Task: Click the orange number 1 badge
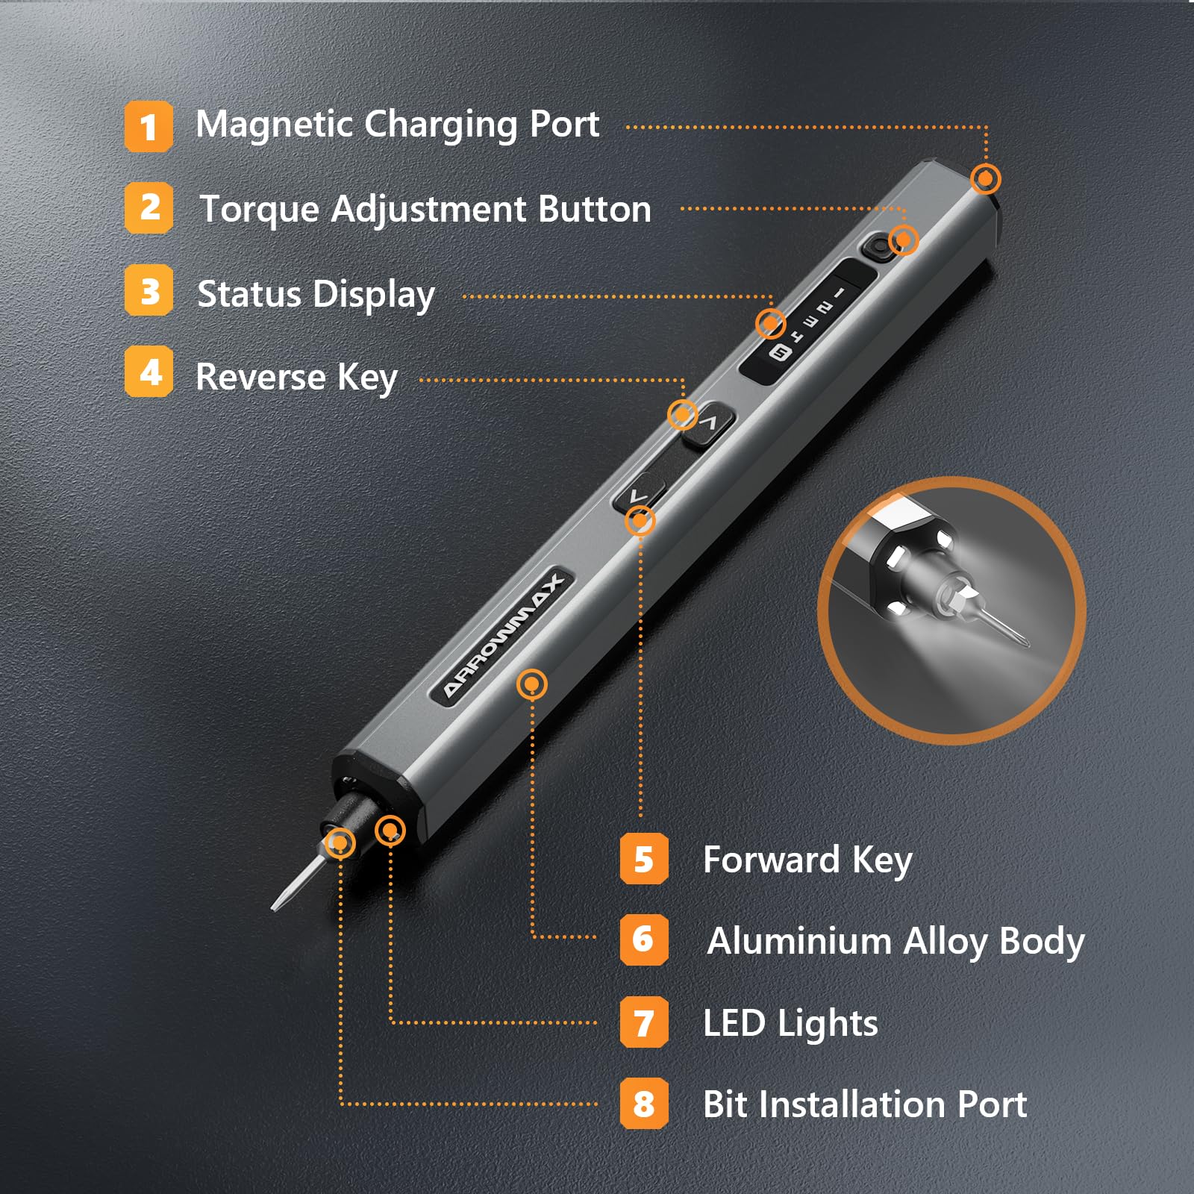pyautogui.click(x=149, y=127)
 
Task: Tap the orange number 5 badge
pyautogui.click(x=643, y=859)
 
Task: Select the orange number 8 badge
pyautogui.click(x=643, y=1103)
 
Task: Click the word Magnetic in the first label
pyautogui.click(x=273, y=124)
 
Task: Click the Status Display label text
pyautogui.click(x=316, y=294)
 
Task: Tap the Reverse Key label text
pyautogui.click(x=296, y=377)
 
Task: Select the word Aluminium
pyautogui.click(x=798, y=940)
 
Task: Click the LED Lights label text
pyautogui.click(x=790, y=1022)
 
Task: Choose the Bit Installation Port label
pyautogui.click(x=864, y=1104)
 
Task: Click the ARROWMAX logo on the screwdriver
pyautogui.click(x=504, y=636)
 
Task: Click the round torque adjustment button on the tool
pyautogui.click(x=879, y=246)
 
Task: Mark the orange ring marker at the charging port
pyautogui.click(x=985, y=179)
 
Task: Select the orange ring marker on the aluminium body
pyautogui.click(x=531, y=684)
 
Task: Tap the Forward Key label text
pyautogui.click(x=807, y=860)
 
